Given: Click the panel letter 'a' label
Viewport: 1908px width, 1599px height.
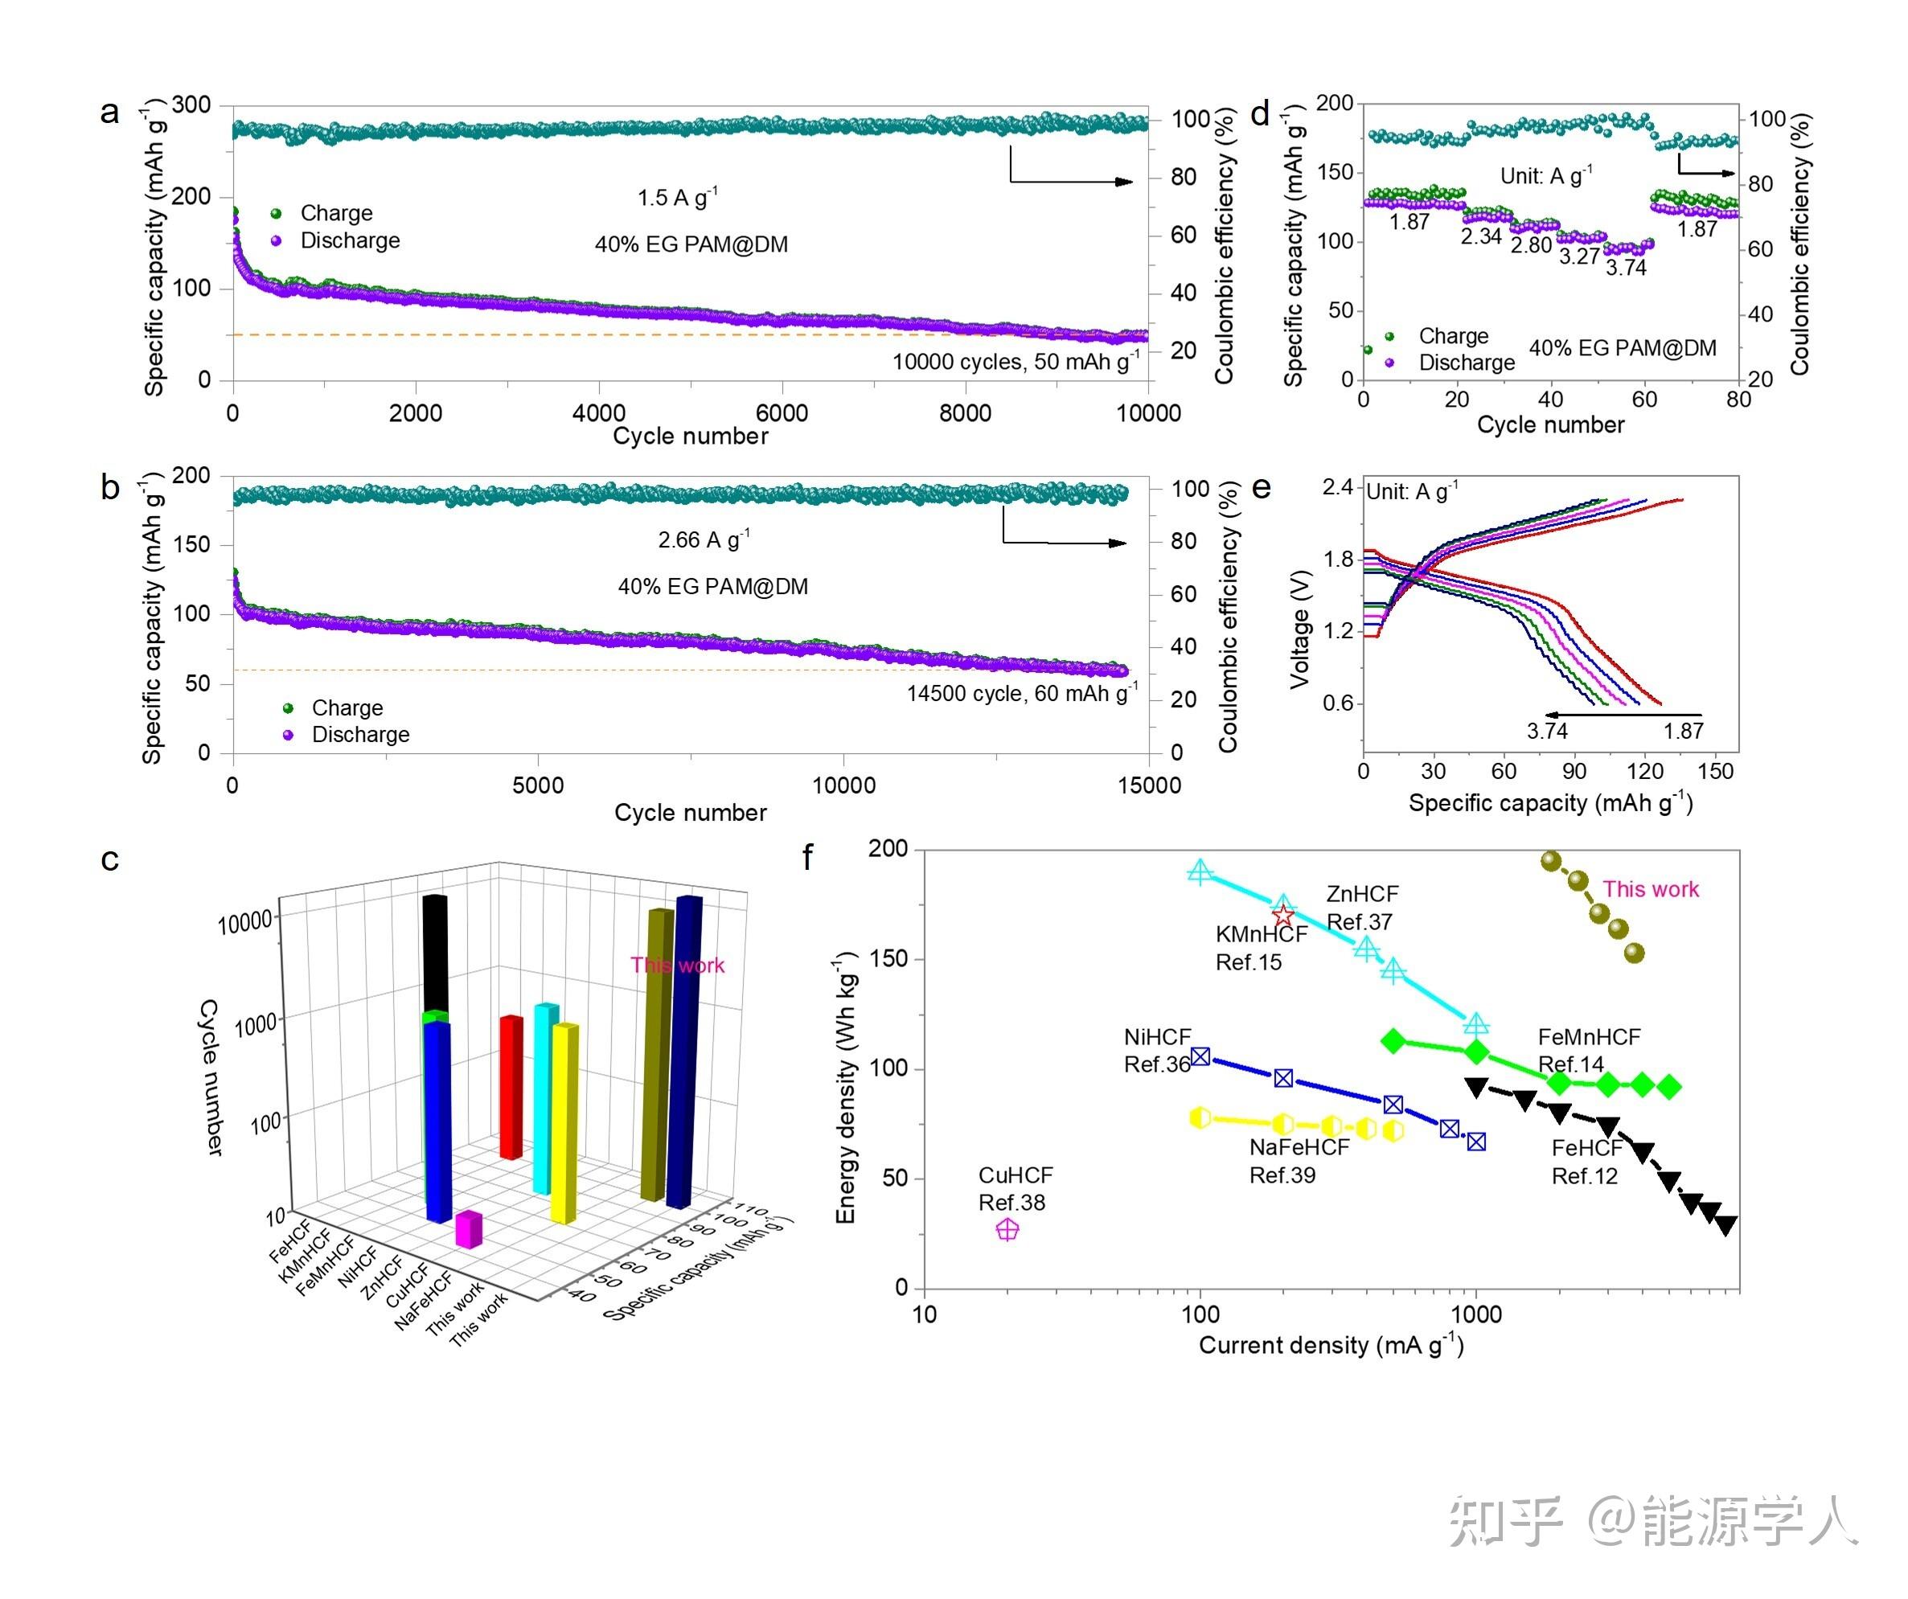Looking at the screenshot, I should (109, 113).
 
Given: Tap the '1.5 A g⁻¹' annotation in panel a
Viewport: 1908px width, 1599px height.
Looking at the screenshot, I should (677, 197).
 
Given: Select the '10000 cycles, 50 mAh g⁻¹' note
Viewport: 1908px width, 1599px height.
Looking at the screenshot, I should (1015, 361).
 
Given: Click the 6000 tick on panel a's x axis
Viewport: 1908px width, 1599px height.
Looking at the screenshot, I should (782, 412).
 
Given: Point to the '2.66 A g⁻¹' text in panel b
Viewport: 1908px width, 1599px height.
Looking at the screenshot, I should (704, 539).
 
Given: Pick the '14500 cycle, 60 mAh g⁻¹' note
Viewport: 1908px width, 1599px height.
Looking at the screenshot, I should (1021, 693).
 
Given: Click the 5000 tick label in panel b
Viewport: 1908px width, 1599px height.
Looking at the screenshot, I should (538, 785).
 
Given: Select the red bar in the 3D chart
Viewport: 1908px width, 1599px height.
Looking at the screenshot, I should (511, 1085).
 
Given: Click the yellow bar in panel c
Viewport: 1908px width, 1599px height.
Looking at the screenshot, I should (564, 1122).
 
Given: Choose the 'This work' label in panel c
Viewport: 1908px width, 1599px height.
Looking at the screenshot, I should (678, 965).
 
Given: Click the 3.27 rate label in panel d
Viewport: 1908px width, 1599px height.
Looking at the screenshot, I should (1579, 256).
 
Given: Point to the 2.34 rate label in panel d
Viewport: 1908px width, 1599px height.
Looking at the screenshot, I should (1481, 236).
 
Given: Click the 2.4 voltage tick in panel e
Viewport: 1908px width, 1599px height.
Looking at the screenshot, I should (1337, 487).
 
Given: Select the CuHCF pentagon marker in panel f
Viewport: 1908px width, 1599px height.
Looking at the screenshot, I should (1007, 1229).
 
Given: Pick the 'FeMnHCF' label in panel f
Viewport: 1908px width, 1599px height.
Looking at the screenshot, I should (1588, 1036).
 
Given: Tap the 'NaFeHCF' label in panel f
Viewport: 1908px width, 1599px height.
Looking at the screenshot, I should (1299, 1147).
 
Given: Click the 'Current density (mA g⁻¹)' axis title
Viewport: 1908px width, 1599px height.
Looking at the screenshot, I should (1331, 1345).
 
